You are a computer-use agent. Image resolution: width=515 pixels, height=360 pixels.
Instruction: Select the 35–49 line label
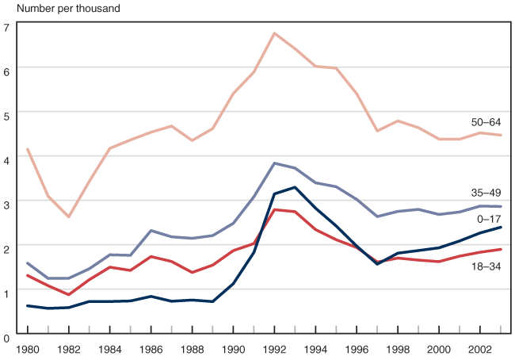(x=486, y=192)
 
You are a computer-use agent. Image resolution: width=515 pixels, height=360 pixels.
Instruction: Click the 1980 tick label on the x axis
(x=28, y=348)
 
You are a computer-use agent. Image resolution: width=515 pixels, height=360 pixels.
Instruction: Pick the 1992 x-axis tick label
(x=274, y=348)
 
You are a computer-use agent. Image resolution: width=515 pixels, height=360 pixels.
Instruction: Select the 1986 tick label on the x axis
(x=151, y=348)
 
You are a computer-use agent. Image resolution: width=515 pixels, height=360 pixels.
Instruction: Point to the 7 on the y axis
(x=6, y=27)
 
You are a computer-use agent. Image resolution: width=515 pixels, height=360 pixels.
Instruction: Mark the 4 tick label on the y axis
(x=6, y=159)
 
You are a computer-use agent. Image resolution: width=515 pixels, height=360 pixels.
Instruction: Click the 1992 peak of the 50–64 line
(x=274, y=33)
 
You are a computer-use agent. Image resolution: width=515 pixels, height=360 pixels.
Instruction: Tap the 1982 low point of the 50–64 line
(x=69, y=216)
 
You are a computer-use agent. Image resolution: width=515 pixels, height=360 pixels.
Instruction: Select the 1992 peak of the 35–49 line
(x=274, y=163)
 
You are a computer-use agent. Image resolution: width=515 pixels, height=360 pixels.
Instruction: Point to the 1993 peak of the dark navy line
(x=295, y=187)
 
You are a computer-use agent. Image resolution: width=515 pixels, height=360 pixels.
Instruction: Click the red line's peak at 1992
(x=274, y=209)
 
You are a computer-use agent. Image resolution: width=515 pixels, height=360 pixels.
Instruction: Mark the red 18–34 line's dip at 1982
(x=69, y=294)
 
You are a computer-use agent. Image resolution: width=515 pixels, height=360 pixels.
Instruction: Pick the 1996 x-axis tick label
(x=357, y=348)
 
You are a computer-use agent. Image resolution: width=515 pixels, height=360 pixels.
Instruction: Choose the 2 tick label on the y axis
(x=6, y=248)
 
